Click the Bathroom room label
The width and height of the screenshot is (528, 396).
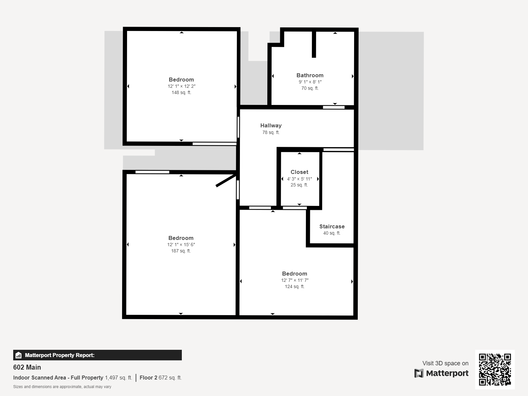tap(310, 75)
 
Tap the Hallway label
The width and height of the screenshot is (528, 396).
tap(271, 125)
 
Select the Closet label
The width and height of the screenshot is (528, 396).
tap(299, 172)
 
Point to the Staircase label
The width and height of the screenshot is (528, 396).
tap(332, 226)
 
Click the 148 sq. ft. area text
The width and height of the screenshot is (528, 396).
tap(181, 93)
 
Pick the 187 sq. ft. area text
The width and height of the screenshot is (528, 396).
tap(181, 251)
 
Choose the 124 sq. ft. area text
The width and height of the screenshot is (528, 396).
tap(295, 286)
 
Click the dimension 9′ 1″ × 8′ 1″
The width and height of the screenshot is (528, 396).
tap(310, 82)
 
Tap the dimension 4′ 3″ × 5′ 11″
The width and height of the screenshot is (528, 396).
tap(299, 179)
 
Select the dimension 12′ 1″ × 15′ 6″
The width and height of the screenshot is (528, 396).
tap(181, 245)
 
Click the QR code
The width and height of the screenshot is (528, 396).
tap(495, 369)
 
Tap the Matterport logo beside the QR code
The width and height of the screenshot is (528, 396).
tap(442, 373)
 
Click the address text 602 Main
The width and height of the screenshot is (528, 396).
tap(27, 367)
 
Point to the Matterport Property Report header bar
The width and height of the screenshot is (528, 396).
tap(97, 355)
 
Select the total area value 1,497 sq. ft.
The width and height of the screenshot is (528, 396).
tap(118, 378)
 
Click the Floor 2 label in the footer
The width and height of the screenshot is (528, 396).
tap(148, 378)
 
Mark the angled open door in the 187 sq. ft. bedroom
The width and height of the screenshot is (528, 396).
tap(226, 181)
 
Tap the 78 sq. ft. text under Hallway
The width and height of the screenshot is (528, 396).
tap(271, 132)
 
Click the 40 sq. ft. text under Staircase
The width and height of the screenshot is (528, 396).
tap(332, 233)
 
